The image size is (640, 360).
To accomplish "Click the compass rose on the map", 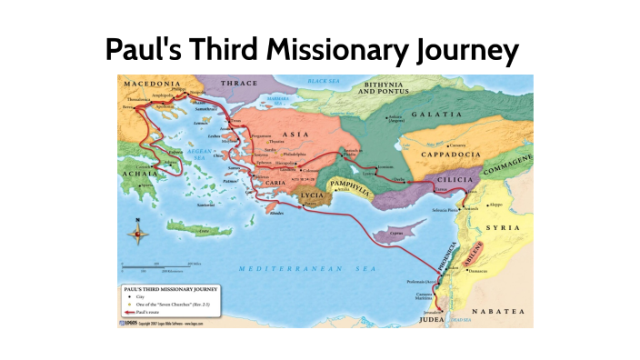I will tap(138, 234).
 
